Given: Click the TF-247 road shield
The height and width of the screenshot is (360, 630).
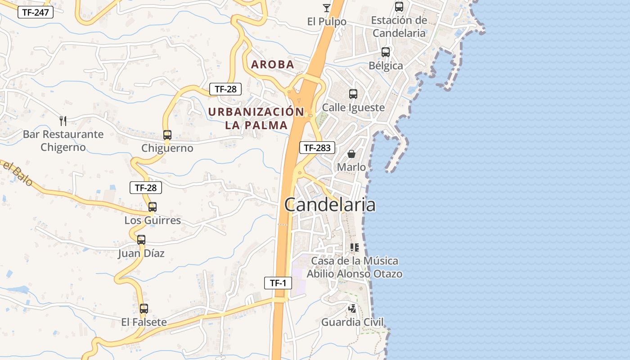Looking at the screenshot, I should coord(36,12).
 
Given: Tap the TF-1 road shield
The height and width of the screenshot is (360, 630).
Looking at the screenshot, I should coord(278,283).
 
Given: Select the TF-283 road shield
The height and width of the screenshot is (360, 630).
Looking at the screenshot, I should coord(317,147).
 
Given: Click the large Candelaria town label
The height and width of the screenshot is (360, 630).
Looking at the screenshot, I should coord(330,205).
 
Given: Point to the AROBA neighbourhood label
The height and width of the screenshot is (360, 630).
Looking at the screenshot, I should coord(273,64).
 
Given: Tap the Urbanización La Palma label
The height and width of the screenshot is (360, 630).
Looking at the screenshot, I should coord(256,118).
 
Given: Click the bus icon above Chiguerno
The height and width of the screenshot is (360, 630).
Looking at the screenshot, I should coord(167,135).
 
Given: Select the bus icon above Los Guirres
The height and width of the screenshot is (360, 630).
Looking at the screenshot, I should coord(153,207).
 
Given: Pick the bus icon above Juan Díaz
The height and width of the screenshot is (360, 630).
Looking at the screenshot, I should coord(141,240).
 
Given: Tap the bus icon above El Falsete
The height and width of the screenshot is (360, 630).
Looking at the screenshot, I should coord(144,309).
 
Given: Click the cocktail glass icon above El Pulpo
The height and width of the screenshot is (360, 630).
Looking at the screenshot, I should coord(327,8).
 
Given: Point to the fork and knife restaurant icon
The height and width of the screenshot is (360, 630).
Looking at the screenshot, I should coord(63,121).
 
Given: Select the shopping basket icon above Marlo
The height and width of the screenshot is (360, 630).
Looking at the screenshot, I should coord(351,154).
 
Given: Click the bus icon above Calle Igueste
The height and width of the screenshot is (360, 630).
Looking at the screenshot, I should coord(353,94).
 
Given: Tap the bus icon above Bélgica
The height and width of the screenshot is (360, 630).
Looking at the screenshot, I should coord(386,52).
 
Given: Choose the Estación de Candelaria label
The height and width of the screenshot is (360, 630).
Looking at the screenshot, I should coord(399,27).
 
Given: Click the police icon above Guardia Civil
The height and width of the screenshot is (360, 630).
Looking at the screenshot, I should coord(352,309).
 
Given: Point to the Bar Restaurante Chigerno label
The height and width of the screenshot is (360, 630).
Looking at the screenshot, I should coord(63,140).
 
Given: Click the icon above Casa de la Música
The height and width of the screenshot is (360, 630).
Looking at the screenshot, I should coord(354,247).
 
